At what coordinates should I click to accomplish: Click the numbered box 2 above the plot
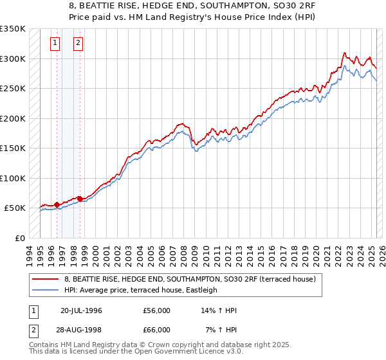point(77,43)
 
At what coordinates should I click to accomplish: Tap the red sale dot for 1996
point(57,204)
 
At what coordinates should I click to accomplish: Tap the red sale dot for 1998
point(80,199)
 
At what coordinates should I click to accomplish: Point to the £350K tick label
point(13,29)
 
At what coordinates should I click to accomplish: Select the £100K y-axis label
point(13,178)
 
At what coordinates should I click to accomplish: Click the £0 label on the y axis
point(19,238)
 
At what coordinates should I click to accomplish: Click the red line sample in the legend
point(46,280)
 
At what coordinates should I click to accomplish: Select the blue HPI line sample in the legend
point(46,290)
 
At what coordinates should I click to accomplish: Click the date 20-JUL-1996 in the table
point(81,310)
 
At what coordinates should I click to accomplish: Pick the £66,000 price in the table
point(156,330)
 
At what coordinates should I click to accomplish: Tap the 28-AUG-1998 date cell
point(81,330)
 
